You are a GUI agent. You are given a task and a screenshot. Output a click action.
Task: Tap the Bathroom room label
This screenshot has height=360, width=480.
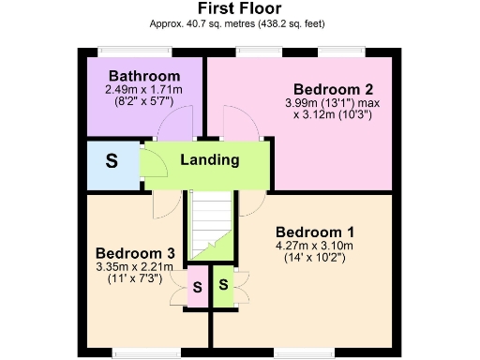(143, 76)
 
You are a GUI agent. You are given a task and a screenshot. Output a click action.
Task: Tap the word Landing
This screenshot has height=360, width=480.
(209, 160)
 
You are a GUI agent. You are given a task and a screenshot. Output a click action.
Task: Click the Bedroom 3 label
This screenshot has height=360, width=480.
(136, 252)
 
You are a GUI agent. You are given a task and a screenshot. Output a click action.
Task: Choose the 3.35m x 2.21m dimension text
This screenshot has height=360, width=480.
(137, 266)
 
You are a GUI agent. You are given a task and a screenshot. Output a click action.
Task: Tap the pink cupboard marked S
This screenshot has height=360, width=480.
(198, 285)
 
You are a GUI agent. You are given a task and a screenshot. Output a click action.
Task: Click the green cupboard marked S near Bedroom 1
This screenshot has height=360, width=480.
(223, 285)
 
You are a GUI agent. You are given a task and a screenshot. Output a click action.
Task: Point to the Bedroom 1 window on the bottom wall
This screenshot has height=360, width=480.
(303, 352)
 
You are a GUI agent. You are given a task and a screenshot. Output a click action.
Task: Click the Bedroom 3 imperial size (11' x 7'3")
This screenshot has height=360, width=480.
(137, 278)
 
